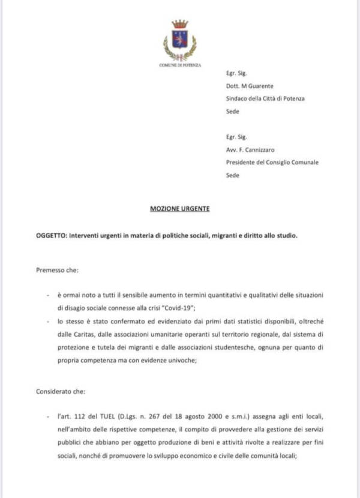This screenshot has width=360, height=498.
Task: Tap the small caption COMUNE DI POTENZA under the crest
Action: click(x=179, y=64)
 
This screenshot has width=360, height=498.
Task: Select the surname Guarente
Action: click(x=260, y=86)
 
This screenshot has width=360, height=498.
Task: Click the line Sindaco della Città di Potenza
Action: click(x=265, y=98)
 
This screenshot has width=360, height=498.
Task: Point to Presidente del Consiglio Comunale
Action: click(x=272, y=163)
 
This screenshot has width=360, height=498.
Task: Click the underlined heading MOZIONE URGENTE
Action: click(x=179, y=209)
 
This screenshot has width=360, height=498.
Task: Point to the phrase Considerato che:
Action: click(x=61, y=391)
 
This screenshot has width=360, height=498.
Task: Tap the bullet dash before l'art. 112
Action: click(x=47, y=415)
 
